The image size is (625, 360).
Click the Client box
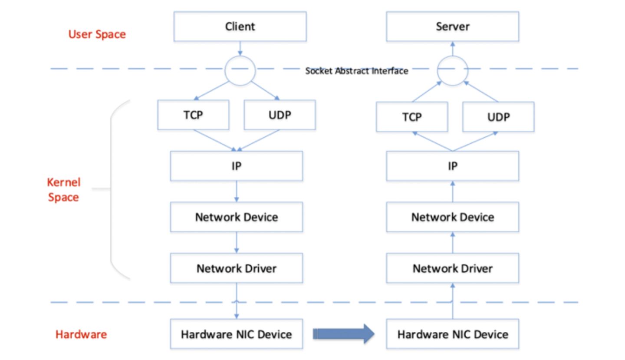click(240, 26)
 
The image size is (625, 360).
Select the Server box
click(452, 26)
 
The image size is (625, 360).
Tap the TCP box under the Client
click(193, 115)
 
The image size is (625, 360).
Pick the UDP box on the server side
click(498, 117)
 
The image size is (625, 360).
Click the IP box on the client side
click(237, 166)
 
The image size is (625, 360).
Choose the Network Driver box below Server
click(452, 268)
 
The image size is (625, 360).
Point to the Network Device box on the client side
click(237, 217)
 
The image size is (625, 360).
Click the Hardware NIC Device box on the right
click(452, 334)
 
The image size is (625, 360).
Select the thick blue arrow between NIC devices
click(343, 334)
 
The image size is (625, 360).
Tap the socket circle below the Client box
click(240, 69)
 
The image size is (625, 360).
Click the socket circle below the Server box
click(452, 69)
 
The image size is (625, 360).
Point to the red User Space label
click(97, 34)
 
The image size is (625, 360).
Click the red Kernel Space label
click(64, 190)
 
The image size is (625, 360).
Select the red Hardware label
click(81, 334)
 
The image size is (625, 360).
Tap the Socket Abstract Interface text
click(356, 71)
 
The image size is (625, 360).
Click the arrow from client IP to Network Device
click(237, 191)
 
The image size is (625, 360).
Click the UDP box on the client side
click(280, 115)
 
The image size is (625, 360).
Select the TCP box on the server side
click(411, 117)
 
